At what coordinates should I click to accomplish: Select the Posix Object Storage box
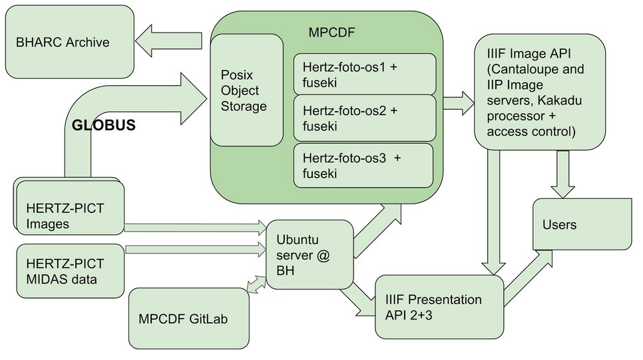(x=247, y=90)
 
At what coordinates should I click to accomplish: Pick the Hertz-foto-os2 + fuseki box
(x=365, y=118)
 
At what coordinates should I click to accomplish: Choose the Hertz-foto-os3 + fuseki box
(x=363, y=165)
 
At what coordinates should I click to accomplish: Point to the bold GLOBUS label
(x=104, y=124)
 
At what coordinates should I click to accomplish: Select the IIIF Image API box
(x=540, y=91)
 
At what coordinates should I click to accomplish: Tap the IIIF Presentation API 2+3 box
(x=440, y=306)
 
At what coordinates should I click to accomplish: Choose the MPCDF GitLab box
(x=187, y=317)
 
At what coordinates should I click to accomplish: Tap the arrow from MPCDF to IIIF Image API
(x=457, y=104)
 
